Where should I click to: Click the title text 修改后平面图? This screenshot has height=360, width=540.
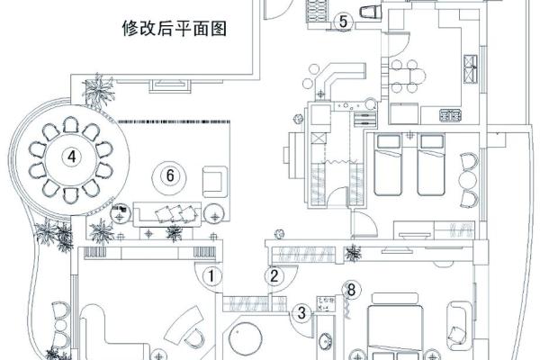coord(173,28)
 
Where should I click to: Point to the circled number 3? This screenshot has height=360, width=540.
coord(301,312)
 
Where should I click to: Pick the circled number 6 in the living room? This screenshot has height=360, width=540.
coord(167,175)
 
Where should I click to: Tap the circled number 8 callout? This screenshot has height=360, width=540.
coord(352,290)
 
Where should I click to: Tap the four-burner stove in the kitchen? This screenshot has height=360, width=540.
coord(448,115)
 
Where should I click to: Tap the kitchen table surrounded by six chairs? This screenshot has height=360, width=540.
coord(411,77)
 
